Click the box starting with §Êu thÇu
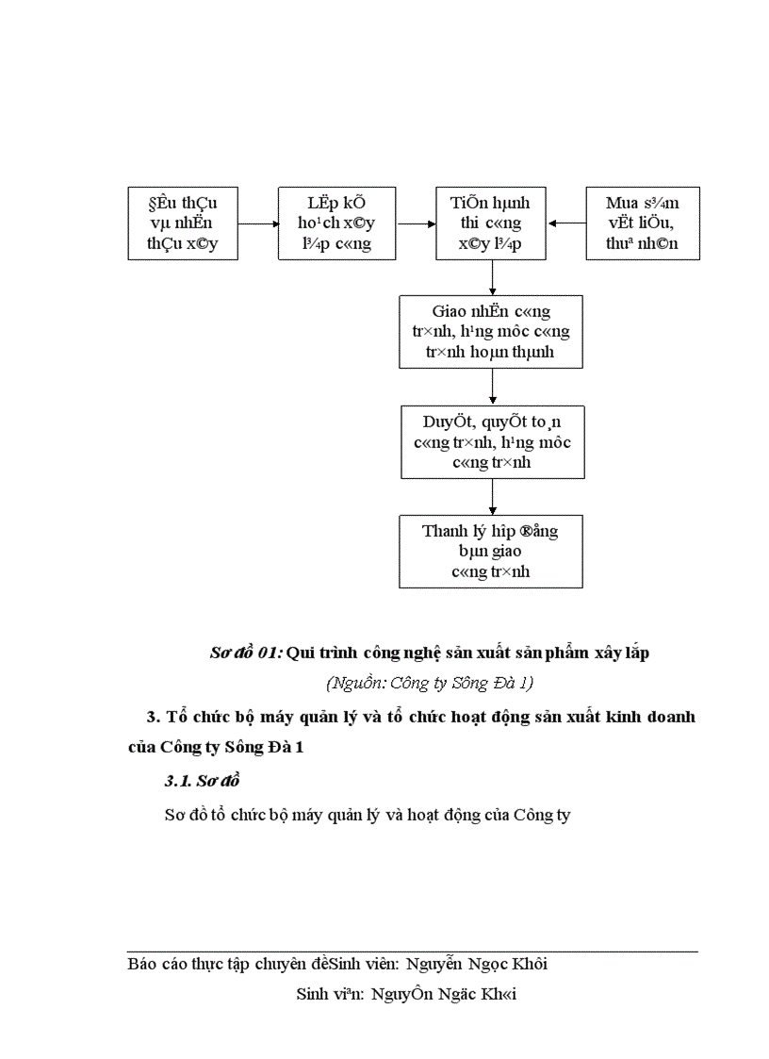(184, 223)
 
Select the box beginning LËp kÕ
(336, 223)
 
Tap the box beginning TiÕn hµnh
(491, 223)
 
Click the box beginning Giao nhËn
(491, 331)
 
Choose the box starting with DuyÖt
(491, 440)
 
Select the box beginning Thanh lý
(491, 551)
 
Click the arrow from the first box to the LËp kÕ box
(258, 224)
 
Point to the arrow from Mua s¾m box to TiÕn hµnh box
(566, 224)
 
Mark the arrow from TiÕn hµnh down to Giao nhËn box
(492, 277)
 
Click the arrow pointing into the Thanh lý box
(492, 496)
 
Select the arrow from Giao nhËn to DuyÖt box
(492, 386)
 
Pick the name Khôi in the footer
(528, 964)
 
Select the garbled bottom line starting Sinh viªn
(406, 994)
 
